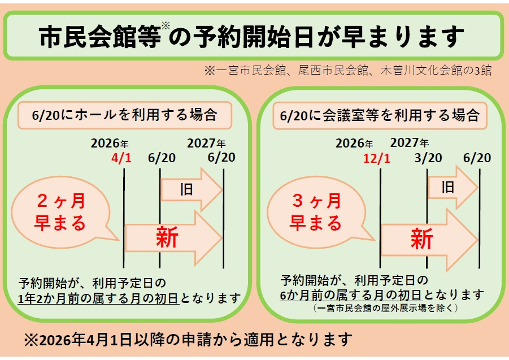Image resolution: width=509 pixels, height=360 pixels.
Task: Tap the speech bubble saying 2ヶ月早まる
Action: pyautogui.click(x=62, y=212)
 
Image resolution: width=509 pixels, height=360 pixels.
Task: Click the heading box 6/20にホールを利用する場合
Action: pyautogui.click(x=125, y=115)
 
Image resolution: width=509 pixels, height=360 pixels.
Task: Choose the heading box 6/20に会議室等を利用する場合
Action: pyautogui.click(x=379, y=115)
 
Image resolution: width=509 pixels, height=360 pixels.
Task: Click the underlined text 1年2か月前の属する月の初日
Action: pyautogui.click(x=99, y=298)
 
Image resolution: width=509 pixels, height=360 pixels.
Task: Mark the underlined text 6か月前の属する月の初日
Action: pyautogui.click(x=351, y=295)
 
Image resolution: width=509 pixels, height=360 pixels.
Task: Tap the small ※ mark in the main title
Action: pyautogui.click(x=165, y=26)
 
